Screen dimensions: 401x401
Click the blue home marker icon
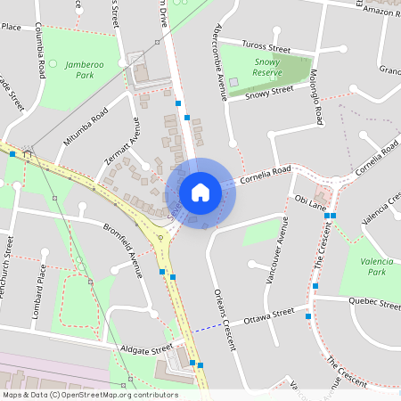pos(200,192)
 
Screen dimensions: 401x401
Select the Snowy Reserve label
pos(268,68)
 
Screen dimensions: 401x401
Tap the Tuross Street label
pos(267,46)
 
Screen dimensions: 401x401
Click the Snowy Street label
pos(269,91)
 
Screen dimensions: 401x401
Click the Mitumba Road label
pos(86,127)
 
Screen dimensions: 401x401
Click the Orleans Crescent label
pos(224,312)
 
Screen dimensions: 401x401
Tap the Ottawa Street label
pos(268,316)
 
